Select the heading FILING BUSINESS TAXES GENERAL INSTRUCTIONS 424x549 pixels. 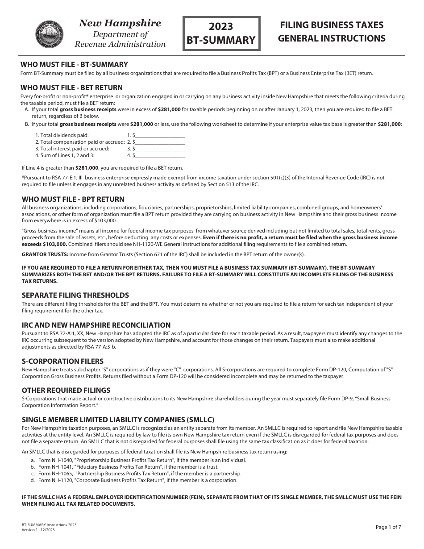[332, 32]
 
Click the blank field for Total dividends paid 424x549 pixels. [159, 135]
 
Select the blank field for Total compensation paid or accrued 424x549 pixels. [159, 142]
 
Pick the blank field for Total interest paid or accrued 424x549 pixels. [159, 149]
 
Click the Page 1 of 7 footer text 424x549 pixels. [388, 527]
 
